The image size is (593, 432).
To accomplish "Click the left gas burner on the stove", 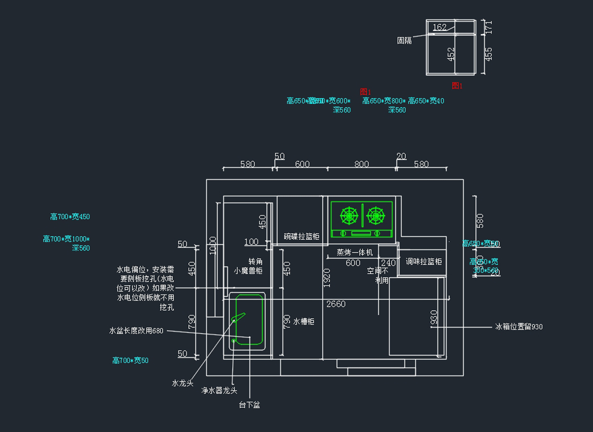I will click(x=349, y=215).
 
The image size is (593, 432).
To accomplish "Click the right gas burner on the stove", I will click(x=376, y=215).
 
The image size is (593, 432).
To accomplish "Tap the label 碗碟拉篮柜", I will click(x=301, y=237).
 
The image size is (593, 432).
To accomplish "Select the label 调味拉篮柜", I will click(x=424, y=261).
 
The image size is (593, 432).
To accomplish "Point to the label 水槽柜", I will click(x=304, y=322).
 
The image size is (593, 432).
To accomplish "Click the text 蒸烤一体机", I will click(x=354, y=252).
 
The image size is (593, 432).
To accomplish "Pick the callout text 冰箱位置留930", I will click(x=519, y=327).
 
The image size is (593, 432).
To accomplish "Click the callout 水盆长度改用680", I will click(x=136, y=331).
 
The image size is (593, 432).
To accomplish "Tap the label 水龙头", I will click(x=182, y=383).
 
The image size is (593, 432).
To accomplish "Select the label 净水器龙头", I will click(x=219, y=391).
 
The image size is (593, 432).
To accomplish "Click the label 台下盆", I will click(x=250, y=405).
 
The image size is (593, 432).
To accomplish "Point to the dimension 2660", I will click(x=336, y=304).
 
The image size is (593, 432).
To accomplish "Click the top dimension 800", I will click(x=362, y=164).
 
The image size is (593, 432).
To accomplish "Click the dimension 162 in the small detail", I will click(x=439, y=27).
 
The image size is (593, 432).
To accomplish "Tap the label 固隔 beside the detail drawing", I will click(x=404, y=41).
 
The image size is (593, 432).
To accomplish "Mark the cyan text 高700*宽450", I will click(x=70, y=217).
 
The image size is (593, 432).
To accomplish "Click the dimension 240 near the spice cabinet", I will click(x=389, y=263).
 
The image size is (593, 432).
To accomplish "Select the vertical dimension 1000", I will click(x=213, y=245).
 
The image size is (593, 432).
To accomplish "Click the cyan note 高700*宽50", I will click(x=130, y=361).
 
